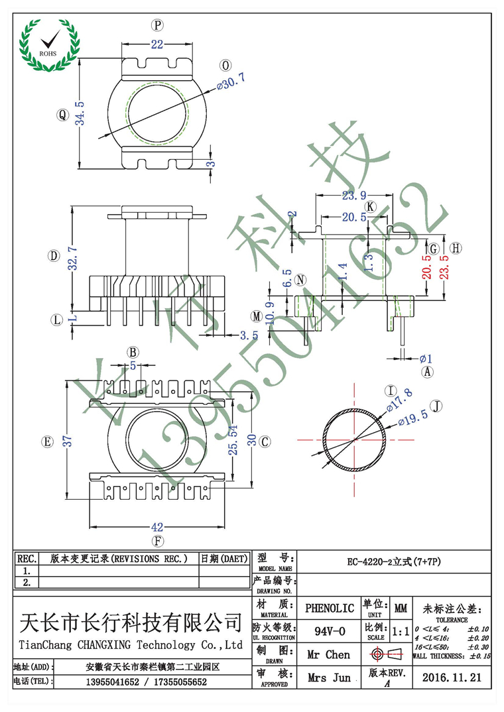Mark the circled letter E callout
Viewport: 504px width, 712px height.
coord(46,442)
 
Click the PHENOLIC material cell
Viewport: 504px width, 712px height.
coord(330,607)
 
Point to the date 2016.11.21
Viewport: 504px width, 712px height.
coord(451,678)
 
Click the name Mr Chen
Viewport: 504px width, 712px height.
coord(330,654)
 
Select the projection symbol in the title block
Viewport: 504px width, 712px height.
coord(387,654)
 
